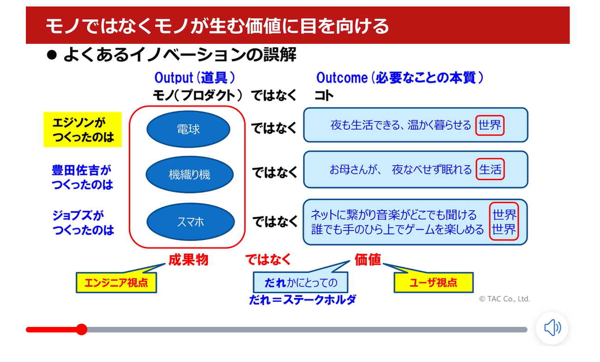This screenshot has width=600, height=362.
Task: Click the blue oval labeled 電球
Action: (x=188, y=129)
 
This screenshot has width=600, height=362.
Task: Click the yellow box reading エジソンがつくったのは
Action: (x=83, y=130)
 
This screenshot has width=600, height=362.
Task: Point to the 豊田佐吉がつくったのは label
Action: (x=82, y=177)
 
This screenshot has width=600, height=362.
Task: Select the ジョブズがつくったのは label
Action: (x=83, y=223)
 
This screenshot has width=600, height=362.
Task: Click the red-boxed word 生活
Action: (x=490, y=169)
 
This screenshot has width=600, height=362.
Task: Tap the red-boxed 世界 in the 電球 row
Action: (x=490, y=125)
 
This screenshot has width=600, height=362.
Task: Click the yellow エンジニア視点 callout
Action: (x=116, y=283)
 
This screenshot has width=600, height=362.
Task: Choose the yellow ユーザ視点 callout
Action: (x=433, y=283)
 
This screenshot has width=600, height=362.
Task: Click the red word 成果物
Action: (x=188, y=260)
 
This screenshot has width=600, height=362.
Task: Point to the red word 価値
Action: (x=368, y=260)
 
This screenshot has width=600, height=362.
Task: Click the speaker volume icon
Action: (x=552, y=328)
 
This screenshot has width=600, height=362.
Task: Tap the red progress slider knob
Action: (x=81, y=329)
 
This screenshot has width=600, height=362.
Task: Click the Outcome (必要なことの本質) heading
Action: (x=400, y=78)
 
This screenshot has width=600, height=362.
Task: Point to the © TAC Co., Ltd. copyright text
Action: (x=504, y=299)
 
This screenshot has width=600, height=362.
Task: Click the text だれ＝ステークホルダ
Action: (x=303, y=300)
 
